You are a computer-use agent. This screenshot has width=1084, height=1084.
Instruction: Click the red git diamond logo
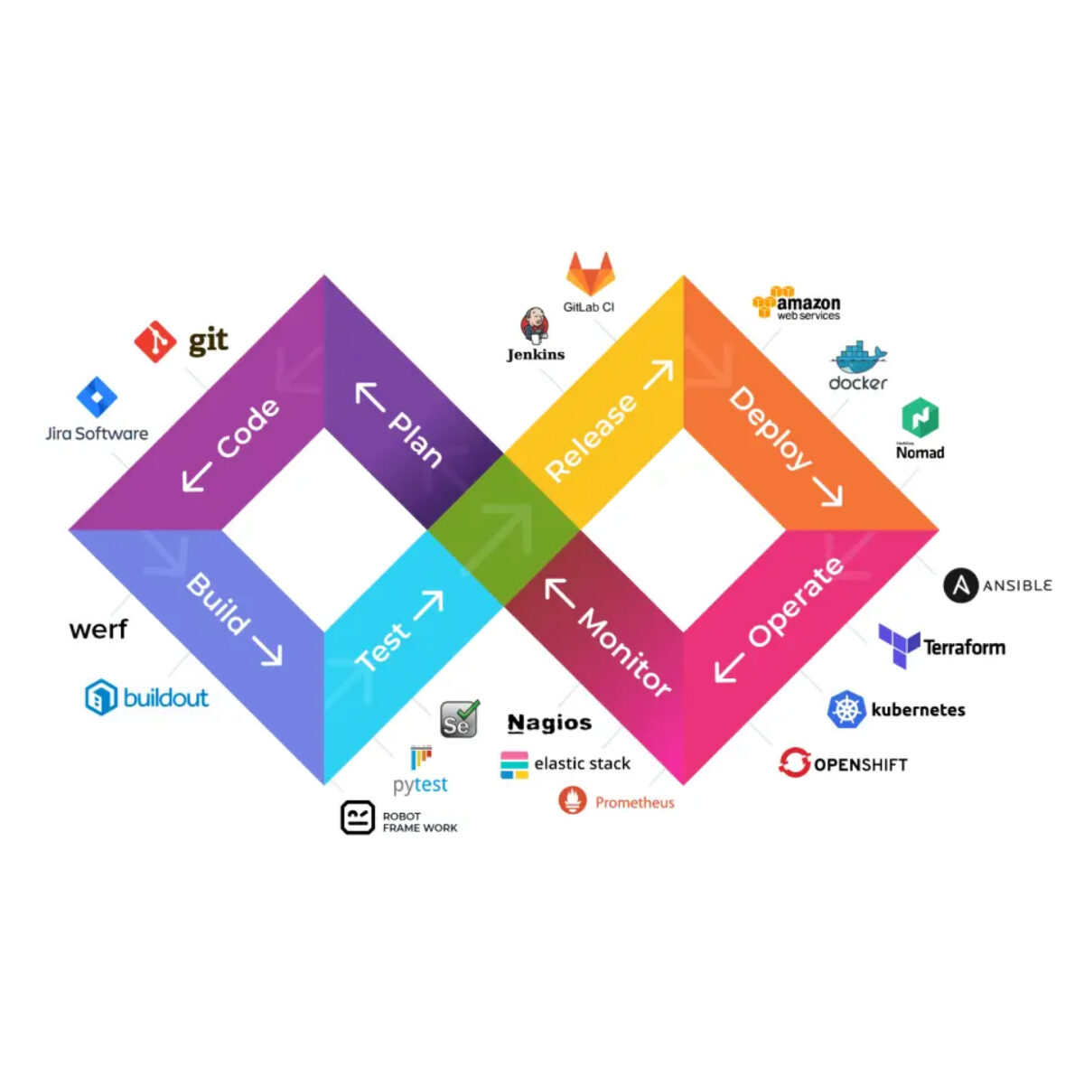[x=154, y=341]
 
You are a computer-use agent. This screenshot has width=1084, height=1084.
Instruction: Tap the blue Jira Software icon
[x=97, y=397]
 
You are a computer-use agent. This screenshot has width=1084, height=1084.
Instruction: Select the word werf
[x=98, y=629]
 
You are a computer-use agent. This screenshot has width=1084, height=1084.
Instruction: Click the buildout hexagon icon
[x=101, y=697]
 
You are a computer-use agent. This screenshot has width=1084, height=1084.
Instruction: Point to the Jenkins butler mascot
[x=534, y=325]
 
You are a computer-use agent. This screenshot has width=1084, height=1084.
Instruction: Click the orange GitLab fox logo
[x=590, y=273]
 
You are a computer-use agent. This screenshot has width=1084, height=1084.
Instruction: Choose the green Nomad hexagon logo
[x=920, y=417]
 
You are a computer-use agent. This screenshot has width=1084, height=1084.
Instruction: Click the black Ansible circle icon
[x=961, y=585]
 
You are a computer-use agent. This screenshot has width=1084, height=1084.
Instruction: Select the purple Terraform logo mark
[x=899, y=646]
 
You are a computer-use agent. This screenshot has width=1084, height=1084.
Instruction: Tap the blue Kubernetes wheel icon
[x=846, y=709]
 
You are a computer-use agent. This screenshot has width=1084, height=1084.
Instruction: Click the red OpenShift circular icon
[x=794, y=763]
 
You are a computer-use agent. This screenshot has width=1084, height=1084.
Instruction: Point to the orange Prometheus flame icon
[x=573, y=800]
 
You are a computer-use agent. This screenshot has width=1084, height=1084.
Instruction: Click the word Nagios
[x=549, y=723]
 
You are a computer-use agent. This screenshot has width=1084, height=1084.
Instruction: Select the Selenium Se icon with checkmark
[x=459, y=719]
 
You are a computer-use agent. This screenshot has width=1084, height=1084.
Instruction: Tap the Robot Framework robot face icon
[x=358, y=818]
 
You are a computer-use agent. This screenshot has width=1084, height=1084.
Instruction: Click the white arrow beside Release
[x=658, y=374]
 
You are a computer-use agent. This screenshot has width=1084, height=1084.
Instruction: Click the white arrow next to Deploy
[x=826, y=491]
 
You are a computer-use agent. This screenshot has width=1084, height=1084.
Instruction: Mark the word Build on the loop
[x=218, y=603]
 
